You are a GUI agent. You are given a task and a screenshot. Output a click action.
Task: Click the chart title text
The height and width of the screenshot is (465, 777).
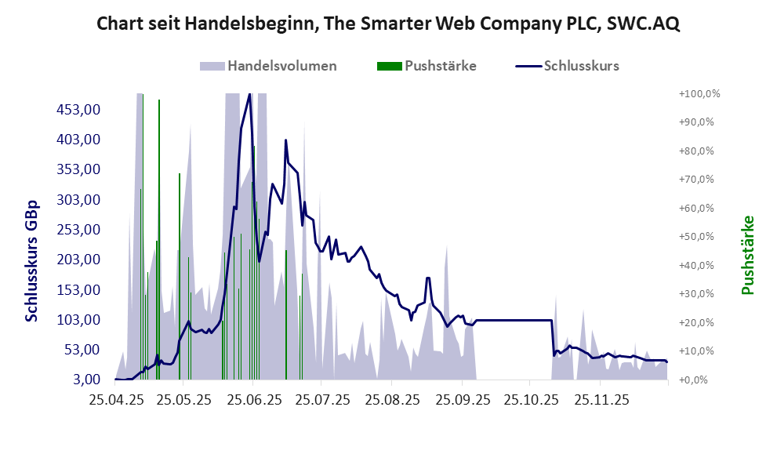[x=388, y=24]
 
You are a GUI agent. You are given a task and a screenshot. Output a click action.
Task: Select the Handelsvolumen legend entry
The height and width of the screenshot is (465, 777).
[x=281, y=66]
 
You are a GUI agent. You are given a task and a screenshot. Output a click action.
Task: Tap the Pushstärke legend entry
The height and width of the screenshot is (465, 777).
[x=440, y=66]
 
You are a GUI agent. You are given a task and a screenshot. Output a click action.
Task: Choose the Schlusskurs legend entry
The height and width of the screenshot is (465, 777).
[x=581, y=66]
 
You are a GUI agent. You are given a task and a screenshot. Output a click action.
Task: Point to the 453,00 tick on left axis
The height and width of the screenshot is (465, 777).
[x=78, y=109]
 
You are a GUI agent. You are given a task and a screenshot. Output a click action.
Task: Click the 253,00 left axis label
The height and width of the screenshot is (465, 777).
[x=78, y=230]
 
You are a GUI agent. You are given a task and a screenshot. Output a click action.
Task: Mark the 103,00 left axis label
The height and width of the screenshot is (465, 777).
[x=78, y=320]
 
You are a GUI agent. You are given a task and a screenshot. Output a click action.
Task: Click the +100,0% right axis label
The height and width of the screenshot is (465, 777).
[x=699, y=93]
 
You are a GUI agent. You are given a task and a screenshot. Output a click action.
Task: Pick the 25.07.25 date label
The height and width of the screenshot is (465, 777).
[x=323, y=400]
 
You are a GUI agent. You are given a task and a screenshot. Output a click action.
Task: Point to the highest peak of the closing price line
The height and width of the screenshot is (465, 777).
[x=249, y=94]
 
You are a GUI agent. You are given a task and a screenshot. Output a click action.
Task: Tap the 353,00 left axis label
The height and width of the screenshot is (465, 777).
[x=78, y=169]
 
